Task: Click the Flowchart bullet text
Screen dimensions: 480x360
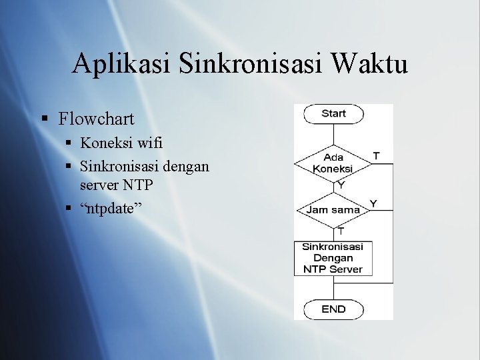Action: click(96, 119)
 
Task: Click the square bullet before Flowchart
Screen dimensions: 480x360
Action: click(45, 120)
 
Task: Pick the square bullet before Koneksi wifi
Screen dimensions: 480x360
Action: click(69, 143)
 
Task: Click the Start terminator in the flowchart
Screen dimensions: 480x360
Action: click(333, 113)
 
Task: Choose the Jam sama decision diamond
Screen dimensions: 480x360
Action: click(333, 209)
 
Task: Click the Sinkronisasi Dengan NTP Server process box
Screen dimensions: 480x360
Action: click(333, 258)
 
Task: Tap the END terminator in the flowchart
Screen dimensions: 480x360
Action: click(333, 309)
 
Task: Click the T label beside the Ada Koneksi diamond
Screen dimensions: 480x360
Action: click(377, 155)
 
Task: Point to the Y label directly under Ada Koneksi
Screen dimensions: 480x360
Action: click(341, 184)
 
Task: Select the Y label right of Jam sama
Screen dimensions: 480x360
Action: click(373, 203)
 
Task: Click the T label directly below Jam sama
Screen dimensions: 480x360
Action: click(341, 231)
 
